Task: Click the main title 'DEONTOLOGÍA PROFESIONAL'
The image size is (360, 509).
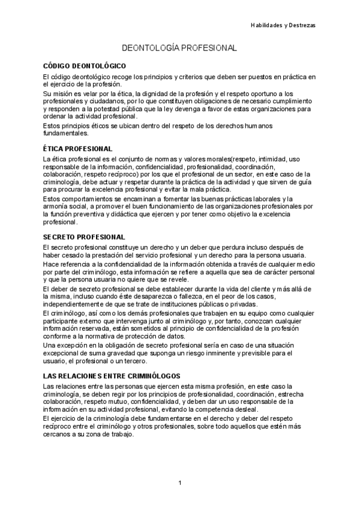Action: coord(179,47)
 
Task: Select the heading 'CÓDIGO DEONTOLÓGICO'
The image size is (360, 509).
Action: coord(85,65)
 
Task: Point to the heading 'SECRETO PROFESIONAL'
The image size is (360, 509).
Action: coord(84,237)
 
